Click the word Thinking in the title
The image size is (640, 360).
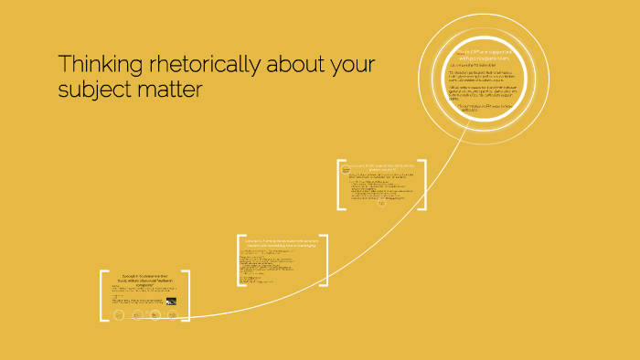[93, 66]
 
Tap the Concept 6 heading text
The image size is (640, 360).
[383, 167]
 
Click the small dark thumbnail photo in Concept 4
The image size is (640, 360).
[171, 301]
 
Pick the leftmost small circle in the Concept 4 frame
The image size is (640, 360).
[118, 315]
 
